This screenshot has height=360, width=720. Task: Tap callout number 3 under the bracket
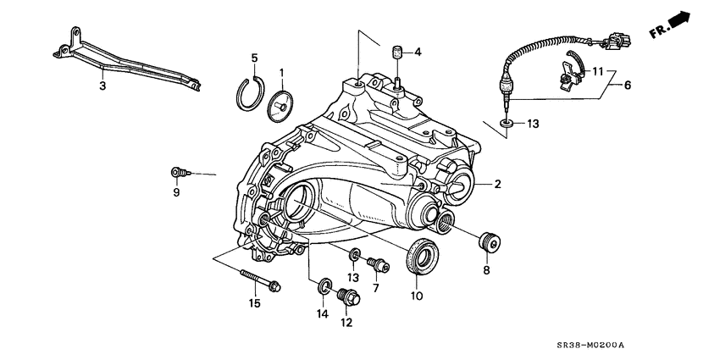click(102, 86)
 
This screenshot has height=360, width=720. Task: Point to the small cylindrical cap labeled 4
click(395, 54)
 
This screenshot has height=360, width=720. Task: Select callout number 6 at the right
click(629, 86)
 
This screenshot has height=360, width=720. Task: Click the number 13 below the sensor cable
click(532, 125)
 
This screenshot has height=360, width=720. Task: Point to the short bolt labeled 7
click(381, 266)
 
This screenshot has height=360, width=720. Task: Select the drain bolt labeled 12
click(347, 297)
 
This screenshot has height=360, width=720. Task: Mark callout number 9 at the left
click(177, 192)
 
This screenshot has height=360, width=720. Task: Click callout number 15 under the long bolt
click(254, 303)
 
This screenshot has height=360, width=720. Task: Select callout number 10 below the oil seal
click(417, 296)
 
